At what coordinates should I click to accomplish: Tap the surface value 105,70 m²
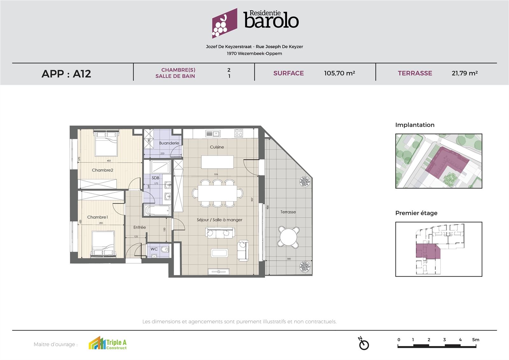(x=339, y=73)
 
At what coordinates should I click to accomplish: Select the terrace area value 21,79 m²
(x=464, y=73)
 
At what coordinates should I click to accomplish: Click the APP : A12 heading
(x=66, y=74)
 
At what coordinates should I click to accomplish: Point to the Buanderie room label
(x=169, y=143)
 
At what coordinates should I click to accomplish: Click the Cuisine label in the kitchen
(x=217, y=147)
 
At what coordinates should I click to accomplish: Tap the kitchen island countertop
(x=217, y=162)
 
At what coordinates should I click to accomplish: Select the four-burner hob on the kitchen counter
(x=239, y=133)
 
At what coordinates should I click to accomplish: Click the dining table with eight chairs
(x=217, y=193)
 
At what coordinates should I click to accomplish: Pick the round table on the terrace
(x=289, y=237)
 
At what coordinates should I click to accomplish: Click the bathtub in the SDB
(x=157, y=210)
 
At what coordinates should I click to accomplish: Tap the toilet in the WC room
(x=164, y=249)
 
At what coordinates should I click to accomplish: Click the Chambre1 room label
(x=97, y=217)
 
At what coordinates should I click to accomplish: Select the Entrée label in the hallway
(x=139, y=227)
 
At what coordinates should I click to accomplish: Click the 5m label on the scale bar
(x=475, y=340)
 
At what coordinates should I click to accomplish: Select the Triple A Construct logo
(x=108, y=344)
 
